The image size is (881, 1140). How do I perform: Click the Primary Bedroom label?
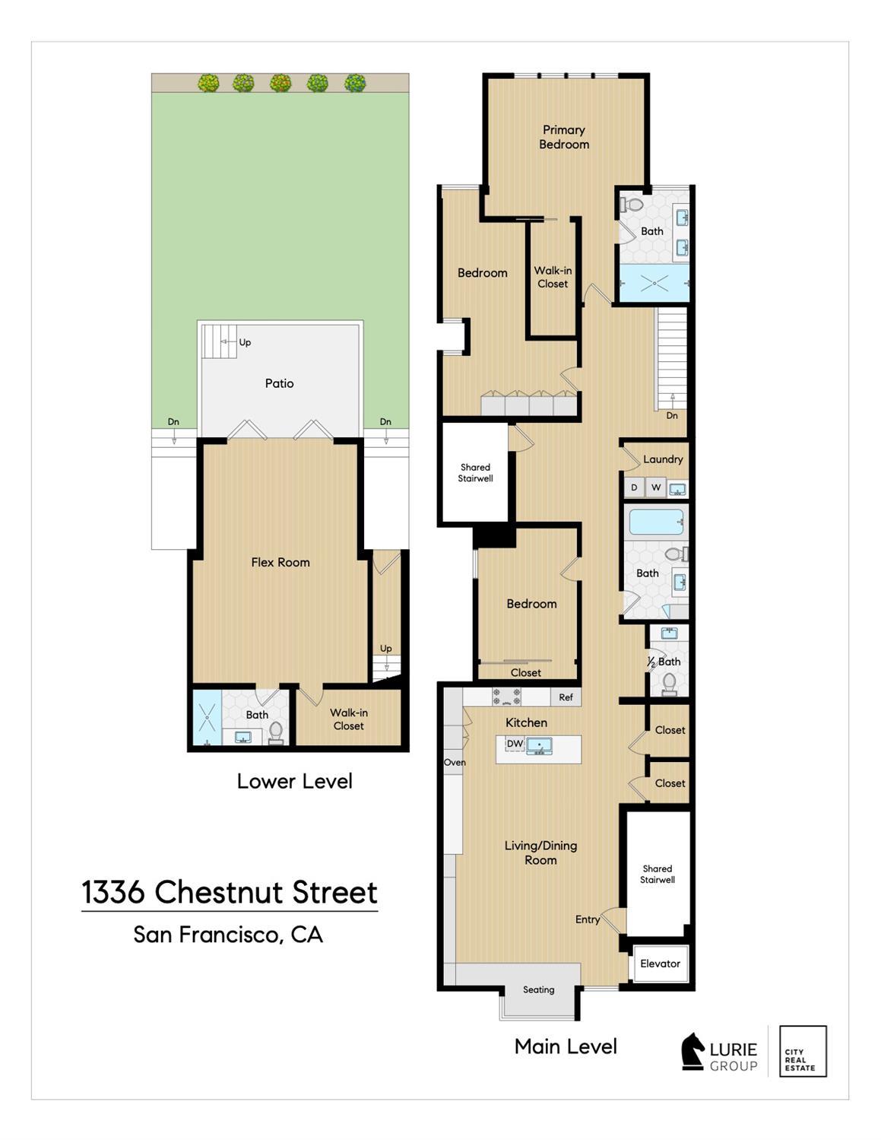click(564, 137)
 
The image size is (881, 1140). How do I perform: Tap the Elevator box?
click(661, 964)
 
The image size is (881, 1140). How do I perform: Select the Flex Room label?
click(280, 562)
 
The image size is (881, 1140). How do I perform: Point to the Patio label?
click(279, 383)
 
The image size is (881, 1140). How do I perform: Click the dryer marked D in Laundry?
click(634, 487)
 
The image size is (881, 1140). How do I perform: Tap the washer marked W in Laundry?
click(655, 487)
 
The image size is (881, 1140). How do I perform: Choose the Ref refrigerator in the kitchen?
click(566, 697)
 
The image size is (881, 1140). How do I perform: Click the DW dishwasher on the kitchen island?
click(515, 743)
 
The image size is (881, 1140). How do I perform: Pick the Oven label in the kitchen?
click(455, 762)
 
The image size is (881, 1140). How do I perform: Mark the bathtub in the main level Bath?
click(656, 522)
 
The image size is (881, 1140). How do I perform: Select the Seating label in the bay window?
click(539, 990)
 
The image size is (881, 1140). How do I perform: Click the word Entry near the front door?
click(588, 919)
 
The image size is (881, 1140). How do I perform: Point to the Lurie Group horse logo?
click(692, 1051)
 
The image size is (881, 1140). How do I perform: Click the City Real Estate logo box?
click(803, 1051)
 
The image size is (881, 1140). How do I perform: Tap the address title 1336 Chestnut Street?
click(230, 892)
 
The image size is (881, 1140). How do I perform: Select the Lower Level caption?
click(294, 781)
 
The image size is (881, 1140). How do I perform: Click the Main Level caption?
click(566, 1046)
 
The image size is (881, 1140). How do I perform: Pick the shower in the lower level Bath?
click(208, 717)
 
